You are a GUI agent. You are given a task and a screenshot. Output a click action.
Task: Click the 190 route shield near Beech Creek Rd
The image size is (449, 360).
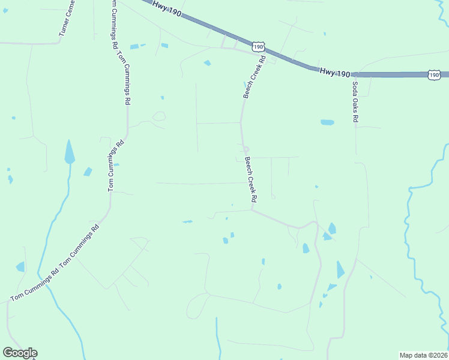pos(258,47)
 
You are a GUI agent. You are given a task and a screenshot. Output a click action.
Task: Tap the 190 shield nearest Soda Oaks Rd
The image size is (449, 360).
pos(435,74)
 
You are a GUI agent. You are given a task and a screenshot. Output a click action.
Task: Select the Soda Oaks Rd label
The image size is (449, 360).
pos(355,102)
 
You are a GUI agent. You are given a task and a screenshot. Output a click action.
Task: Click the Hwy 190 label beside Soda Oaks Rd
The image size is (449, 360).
pos(335,72)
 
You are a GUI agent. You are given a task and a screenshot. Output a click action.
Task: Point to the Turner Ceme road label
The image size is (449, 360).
pos(67,19)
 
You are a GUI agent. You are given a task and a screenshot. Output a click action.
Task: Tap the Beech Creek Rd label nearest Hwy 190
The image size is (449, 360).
pos(254,77)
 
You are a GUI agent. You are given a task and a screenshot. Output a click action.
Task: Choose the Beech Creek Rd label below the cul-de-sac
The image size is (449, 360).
pos(251,179)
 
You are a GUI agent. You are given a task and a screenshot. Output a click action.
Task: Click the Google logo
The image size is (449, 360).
pos(20,353)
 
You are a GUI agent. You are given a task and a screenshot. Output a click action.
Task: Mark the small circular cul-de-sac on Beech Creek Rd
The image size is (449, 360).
pos(246,149)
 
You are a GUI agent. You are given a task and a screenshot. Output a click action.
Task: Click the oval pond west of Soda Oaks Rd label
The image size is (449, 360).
pos(327,122)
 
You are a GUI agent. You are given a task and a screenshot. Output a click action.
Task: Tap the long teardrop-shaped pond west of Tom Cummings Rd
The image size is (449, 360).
pos(70,152)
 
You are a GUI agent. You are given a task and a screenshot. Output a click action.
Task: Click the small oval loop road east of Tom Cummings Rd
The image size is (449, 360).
pos(159,116)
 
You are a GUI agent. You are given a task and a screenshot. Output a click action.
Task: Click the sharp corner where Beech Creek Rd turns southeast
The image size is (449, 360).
pos(252,210)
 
